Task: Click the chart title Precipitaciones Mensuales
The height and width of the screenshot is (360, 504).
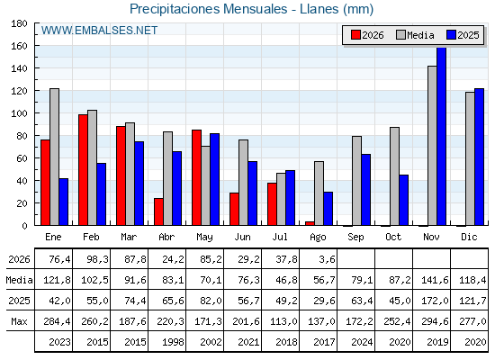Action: (x=208, y=9)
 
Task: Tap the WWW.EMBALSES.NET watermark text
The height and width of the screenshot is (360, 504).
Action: (x=99, y=31)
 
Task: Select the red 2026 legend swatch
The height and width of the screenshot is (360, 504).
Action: (x=355, y=35)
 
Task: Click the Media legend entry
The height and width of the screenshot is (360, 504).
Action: (x=415, y=35)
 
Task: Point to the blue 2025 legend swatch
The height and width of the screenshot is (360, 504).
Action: (x=451, y=35)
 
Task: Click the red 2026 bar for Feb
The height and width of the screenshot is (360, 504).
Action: (x=83, y=170)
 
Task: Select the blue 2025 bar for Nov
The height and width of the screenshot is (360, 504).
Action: (x=441, y=136)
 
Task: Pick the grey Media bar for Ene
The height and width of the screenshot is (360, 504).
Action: (x=54, y=157)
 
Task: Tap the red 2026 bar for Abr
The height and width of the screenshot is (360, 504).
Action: (x=158, y=211)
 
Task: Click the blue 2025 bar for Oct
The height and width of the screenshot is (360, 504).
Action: (x=404, y=200)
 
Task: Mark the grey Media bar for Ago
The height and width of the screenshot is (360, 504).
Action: (x=319, y=193)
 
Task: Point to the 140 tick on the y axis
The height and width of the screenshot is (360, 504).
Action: (x=19, y=68)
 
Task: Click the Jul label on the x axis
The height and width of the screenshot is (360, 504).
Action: (x=280, y=237)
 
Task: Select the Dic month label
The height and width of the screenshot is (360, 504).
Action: (x=469, y=237)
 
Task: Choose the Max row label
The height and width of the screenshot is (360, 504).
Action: (x=19, y=321)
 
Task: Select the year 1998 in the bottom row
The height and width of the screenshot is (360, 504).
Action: (x=173, y=342)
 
